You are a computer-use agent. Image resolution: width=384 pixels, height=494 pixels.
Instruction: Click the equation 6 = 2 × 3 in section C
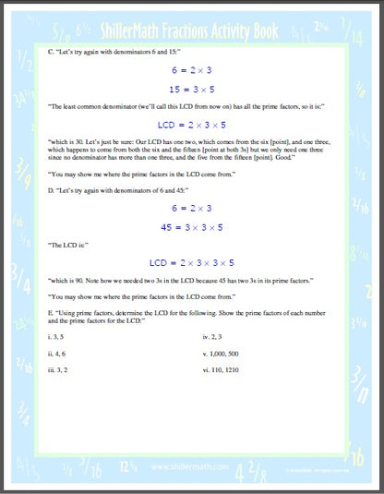tap(191, 69)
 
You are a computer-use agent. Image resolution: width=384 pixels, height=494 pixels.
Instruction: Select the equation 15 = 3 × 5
tap(191, 90)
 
